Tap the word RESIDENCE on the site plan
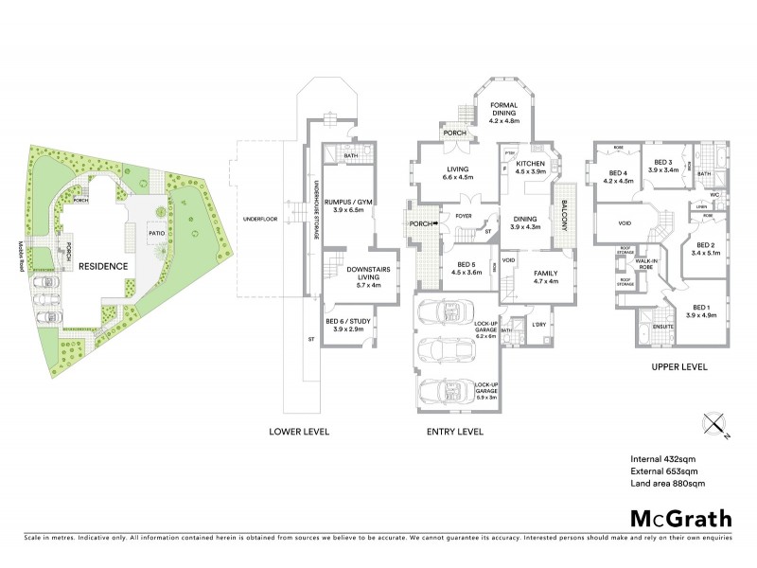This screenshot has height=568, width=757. click(103, 266)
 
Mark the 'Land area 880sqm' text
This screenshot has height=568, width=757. click(668, 484)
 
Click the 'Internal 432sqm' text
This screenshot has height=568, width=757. click(664, 459)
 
